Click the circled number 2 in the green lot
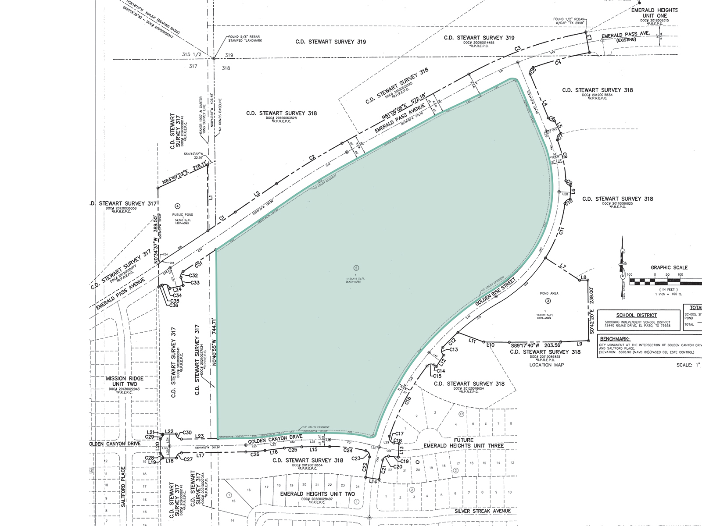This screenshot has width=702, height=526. pos(356,268)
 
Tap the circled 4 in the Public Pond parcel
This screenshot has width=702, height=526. pos(177,206)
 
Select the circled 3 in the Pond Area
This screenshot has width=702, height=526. pos(548,301)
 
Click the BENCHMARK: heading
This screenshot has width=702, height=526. pos(615,339)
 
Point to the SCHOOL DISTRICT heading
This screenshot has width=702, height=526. pos(636,315)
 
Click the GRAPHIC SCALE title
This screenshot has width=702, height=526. pos(669,267)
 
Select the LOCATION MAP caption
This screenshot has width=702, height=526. pos(546,365)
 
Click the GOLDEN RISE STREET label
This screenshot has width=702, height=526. pos(495,291)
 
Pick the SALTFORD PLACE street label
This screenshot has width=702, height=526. pos(123,487)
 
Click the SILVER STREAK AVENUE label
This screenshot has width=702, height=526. pos(483,511)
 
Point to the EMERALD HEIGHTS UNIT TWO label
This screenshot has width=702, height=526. pos(318,494)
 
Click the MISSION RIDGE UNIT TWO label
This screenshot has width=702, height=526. pos(125,381)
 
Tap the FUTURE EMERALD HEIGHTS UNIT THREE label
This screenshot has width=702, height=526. pos(463,443)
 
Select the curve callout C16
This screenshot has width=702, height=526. pos(408,400)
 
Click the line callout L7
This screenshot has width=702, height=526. pos(563,266)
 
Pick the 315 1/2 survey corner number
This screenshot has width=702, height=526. pos(191,55)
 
